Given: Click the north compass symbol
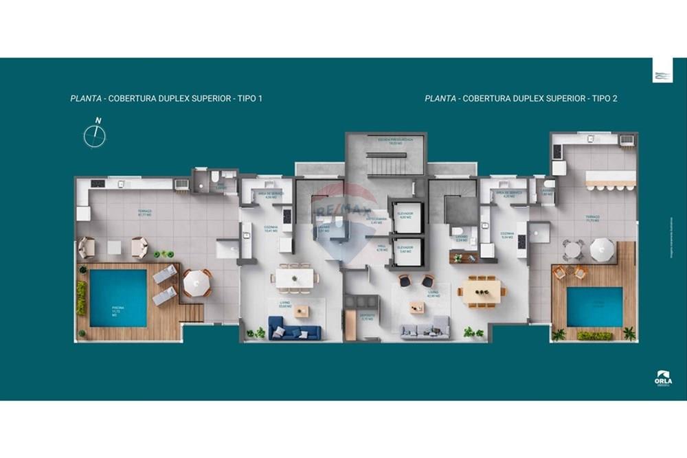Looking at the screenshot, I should [x=95, y=135].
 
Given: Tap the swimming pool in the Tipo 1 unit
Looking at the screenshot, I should [x=118, y=297].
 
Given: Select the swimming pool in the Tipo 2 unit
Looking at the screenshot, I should [x=594, y=306].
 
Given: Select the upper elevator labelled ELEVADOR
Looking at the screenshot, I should [x=405, y=217].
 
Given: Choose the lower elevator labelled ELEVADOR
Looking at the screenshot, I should [x=405, y=249].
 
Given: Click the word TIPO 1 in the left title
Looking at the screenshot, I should [x=249, y=98].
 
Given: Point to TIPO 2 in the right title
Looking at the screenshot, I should [x=604, y=98].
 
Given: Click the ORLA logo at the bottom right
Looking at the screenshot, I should [x=663, y=380].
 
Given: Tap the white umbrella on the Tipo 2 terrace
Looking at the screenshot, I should [x=602, y=249].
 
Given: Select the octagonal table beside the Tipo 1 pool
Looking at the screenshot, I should [x=197, y=282].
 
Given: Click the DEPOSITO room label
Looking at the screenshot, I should [x=368, y=317].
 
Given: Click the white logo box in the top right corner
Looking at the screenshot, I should [x=662, y=71].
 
